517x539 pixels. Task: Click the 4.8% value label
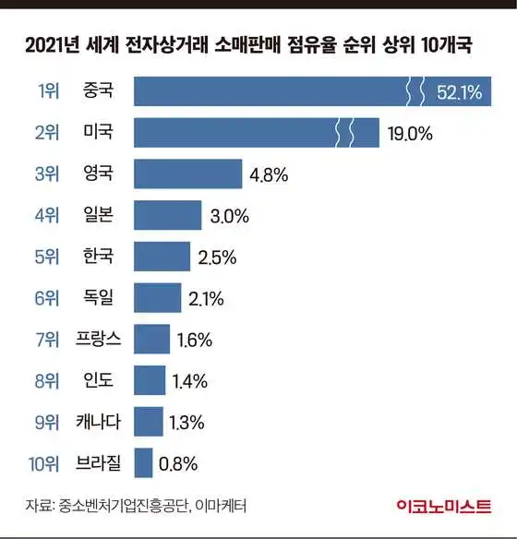coord(270,174)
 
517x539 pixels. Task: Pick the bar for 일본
coord(167,215)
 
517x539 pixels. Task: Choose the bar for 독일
coord(157,297)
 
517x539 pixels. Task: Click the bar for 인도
coord(149,379)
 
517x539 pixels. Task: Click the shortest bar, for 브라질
coord(143,462)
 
